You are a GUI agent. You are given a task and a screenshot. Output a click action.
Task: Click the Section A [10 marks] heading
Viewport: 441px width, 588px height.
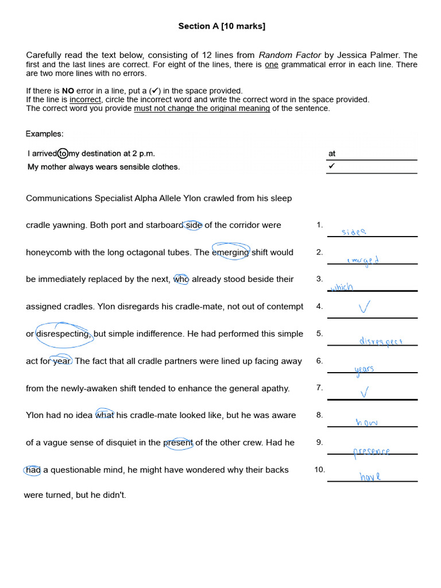(221, 26)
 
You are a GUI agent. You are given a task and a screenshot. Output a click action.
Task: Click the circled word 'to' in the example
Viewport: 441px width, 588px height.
(63, 153)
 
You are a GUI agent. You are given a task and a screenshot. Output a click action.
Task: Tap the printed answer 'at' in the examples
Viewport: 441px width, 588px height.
(332, 153)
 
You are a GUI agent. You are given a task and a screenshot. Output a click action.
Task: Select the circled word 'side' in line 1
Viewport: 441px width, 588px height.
(194, 225)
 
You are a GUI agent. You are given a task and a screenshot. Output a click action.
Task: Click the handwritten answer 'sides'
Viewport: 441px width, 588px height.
(353, 232)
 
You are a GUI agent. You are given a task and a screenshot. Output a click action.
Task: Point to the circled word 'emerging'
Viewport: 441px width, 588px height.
(230, 252)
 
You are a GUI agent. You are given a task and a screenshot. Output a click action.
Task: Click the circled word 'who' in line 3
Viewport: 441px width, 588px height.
(181, 279)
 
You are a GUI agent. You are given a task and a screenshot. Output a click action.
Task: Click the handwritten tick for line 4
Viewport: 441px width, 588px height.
(363, 308)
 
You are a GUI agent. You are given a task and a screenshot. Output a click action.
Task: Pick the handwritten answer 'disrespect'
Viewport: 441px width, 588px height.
(381, 341)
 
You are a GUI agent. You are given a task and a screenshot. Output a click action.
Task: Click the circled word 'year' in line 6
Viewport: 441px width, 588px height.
(61, 361)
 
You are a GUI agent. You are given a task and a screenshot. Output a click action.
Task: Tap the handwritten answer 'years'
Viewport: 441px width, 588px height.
(365, 369)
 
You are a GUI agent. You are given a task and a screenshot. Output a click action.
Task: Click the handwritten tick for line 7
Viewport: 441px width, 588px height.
(364, 392)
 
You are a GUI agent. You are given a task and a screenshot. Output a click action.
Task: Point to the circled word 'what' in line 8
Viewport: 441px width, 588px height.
(105, 415)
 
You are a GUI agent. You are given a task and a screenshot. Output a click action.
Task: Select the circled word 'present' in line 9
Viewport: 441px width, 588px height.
(179, 443)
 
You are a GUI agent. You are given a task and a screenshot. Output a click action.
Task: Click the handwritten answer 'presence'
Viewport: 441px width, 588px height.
(372, 451)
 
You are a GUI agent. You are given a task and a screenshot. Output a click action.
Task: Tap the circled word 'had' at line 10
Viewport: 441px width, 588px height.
(33, 470)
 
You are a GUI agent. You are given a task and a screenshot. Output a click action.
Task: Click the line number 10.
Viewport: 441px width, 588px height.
(319, 470)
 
